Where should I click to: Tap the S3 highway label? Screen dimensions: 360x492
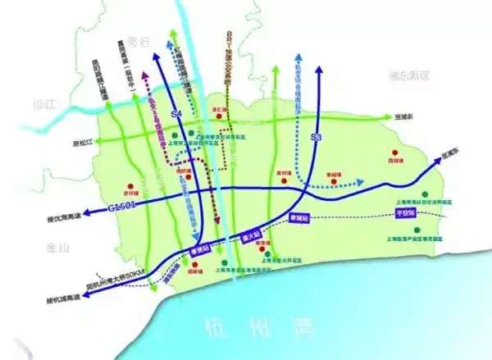(316, 137)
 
